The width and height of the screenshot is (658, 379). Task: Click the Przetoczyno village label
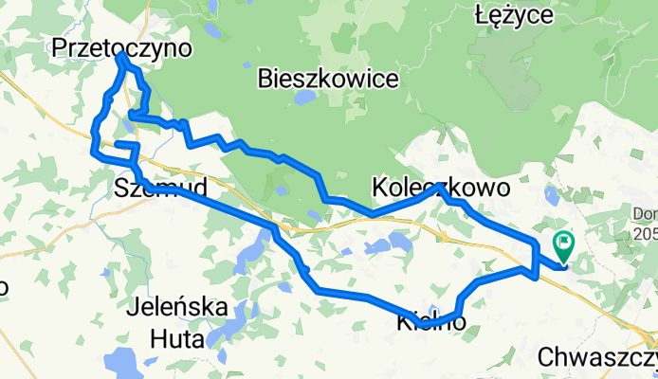point(121,47)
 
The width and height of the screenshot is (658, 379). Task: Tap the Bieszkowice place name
point(327,80)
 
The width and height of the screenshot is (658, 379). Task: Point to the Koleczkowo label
point(442,188)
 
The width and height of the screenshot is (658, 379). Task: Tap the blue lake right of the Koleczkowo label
point(551,195)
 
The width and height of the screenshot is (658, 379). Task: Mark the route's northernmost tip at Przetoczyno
point(121,56)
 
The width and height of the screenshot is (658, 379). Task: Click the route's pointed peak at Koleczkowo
point(438,188)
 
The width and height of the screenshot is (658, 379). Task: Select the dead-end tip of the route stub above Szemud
point(118,144)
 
